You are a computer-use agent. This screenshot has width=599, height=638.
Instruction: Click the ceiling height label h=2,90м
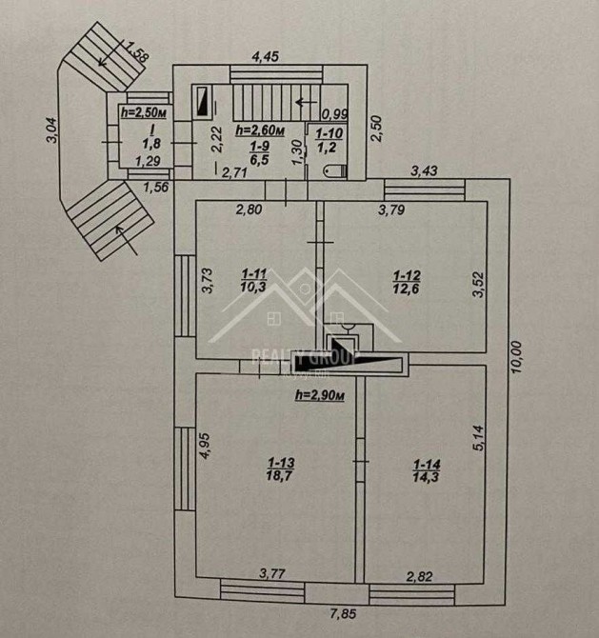click(x=318, y=395)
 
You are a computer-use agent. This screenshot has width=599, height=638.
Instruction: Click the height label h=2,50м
click(x=145, y=112)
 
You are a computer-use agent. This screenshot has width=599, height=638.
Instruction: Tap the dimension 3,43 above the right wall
click(x=425, y=172)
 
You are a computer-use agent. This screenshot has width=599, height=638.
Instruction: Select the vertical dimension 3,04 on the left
click(x=52, y=130)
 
